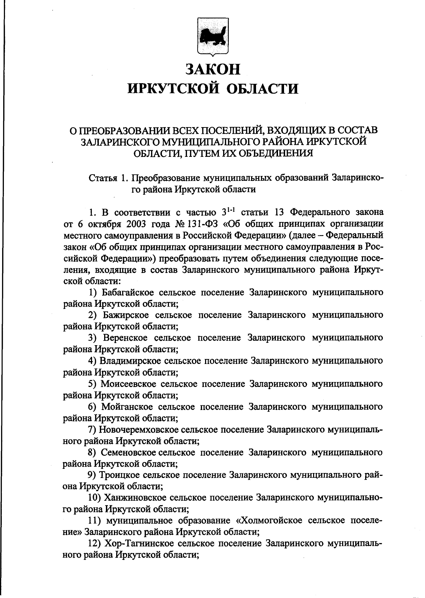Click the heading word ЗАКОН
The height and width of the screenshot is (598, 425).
213,69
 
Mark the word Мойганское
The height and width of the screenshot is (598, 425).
127,406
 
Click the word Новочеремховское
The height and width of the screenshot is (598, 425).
138,429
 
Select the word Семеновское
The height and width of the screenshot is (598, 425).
129,452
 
